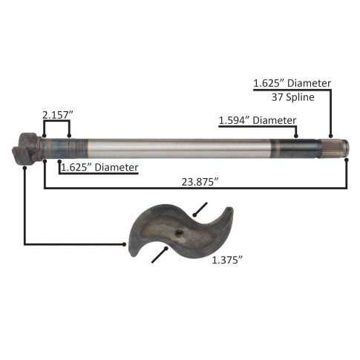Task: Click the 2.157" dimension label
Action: pos(58,115)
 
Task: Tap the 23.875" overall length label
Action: pos(200,182)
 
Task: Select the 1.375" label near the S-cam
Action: pos(227,260)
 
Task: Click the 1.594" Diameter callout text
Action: pos(258,120)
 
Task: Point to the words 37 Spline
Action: pos(293,97)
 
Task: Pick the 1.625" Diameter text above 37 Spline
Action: pos(292,83)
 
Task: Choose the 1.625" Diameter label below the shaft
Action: pos(99,168)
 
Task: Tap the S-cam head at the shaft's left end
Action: pos(26,148)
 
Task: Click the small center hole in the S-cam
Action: pos(180,232)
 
